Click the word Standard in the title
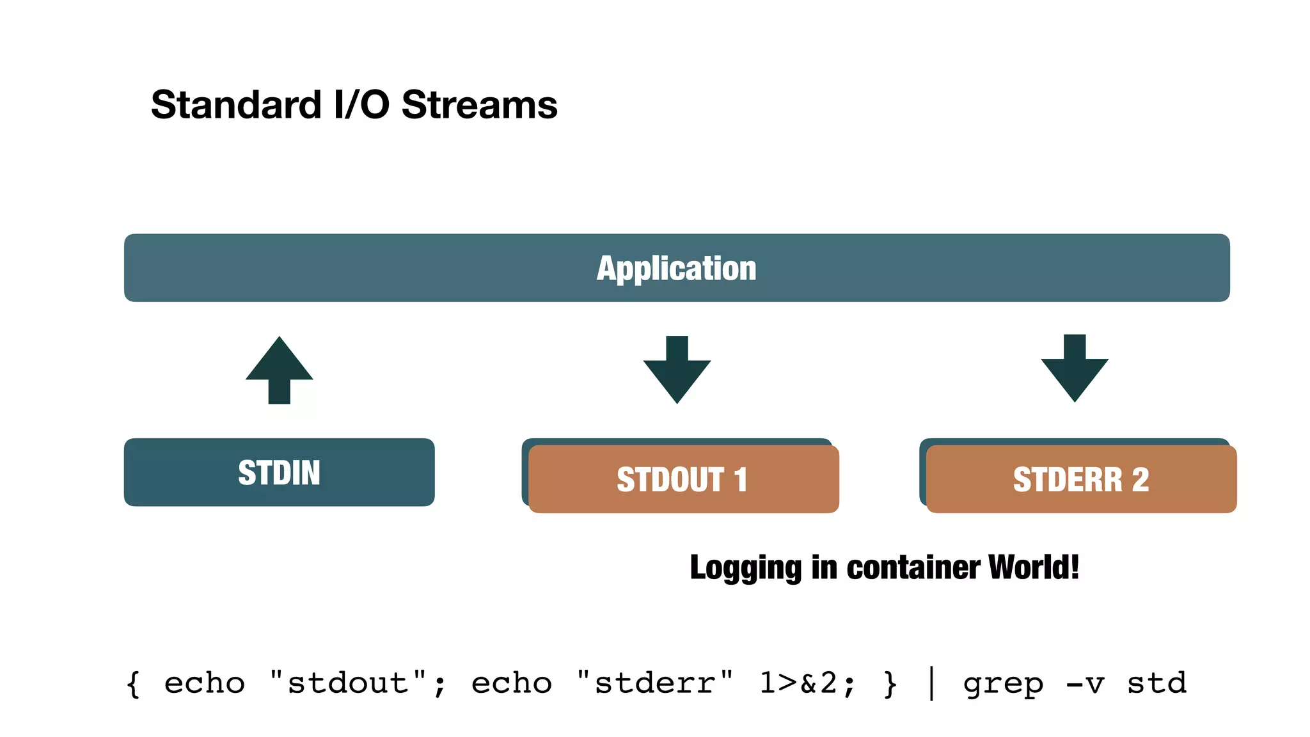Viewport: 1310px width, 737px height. (x=235, y=105)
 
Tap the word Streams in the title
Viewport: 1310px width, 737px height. (x=479, y=105)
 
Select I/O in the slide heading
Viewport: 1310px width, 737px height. (x=361, y=105)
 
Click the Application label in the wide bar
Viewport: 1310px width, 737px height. (x=676, y=268)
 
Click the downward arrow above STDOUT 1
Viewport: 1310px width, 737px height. (x=677, y=369)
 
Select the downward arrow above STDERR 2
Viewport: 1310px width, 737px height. (x=1075, y=368)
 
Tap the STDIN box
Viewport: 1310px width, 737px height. (x=279, y=473)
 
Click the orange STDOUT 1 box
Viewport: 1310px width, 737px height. (x=683, y=479)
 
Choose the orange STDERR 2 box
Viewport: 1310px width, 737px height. (x=1081, y=479)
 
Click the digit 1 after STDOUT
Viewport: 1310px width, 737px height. (x=741, y=480)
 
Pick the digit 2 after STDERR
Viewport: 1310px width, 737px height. (x=1140, y=480)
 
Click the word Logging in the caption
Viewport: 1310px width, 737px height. (x=745, y=567)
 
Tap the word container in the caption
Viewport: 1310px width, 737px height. (x=914, y=567)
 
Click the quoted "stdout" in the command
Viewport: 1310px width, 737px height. (x=348, y=683)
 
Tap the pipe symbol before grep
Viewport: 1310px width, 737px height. (x=931, y=683)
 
